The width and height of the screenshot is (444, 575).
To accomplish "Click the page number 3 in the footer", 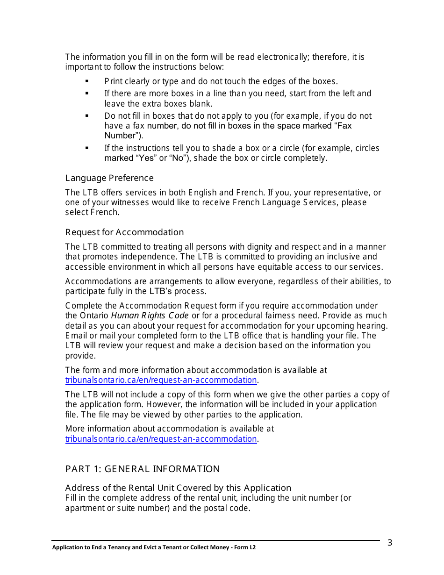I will click(390, 543).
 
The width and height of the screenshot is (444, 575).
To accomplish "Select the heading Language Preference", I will click(109, 178).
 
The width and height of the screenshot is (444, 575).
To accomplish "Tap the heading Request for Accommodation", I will click(124, 232).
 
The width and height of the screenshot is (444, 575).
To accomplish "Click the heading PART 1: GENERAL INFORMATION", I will click(143, 469).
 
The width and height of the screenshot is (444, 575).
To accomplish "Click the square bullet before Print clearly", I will click(87, 81).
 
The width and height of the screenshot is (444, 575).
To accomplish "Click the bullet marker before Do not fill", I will click(87, 115).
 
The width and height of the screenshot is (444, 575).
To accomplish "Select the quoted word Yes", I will click(146, 158).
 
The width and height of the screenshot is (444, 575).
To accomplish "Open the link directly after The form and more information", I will click(161, 380).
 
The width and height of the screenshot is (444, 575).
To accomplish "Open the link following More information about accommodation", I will click(161, 439).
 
